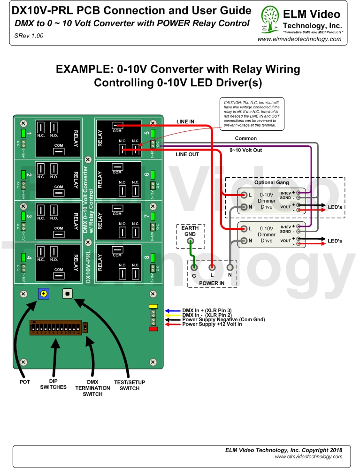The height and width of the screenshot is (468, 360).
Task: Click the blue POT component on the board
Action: pos(44,294)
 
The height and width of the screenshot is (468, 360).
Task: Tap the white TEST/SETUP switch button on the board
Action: pos(68,294)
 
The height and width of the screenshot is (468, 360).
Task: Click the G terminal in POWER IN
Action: pos(194,268)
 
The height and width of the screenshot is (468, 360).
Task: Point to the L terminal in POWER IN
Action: pos(212,268)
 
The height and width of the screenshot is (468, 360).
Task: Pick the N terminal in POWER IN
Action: pos(230,268)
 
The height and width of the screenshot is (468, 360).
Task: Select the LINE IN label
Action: pos(185,122)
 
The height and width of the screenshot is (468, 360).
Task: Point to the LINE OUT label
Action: pos(187,154)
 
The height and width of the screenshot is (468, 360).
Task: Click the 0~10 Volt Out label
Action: pos(245,151)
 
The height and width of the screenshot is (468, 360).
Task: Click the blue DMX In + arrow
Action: pos(172,310)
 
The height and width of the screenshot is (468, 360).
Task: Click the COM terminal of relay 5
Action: pos(117,125)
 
